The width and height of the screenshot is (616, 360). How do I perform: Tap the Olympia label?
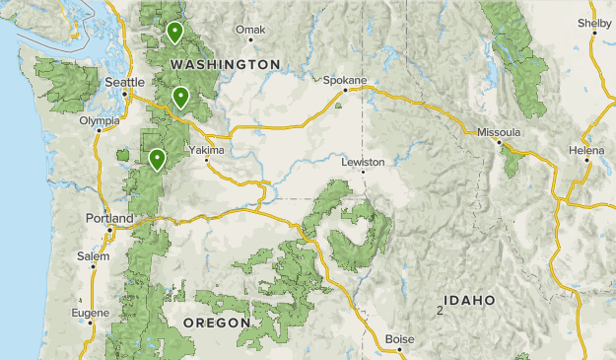pos(100,121)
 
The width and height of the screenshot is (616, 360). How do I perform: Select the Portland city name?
pos(108,218)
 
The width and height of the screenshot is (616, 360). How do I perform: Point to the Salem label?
pos(93,256)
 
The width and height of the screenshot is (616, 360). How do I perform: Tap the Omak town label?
pos(251,30)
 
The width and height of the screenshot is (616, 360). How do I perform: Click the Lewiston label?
pos(362,161)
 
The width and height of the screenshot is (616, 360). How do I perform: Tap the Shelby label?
pos(594,23)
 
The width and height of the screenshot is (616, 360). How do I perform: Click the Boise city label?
pos(399,339)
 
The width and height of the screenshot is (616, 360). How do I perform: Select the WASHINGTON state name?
pos(225,64)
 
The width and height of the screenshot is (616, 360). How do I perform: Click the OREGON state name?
pos(216,323)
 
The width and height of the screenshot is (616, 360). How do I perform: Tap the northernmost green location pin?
pos(174,32)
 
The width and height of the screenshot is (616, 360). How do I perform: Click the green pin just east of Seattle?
pos(180,96)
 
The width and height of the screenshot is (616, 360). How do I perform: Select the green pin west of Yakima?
pos(157,158)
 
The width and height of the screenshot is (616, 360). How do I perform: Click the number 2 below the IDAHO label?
pos(439,312)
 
